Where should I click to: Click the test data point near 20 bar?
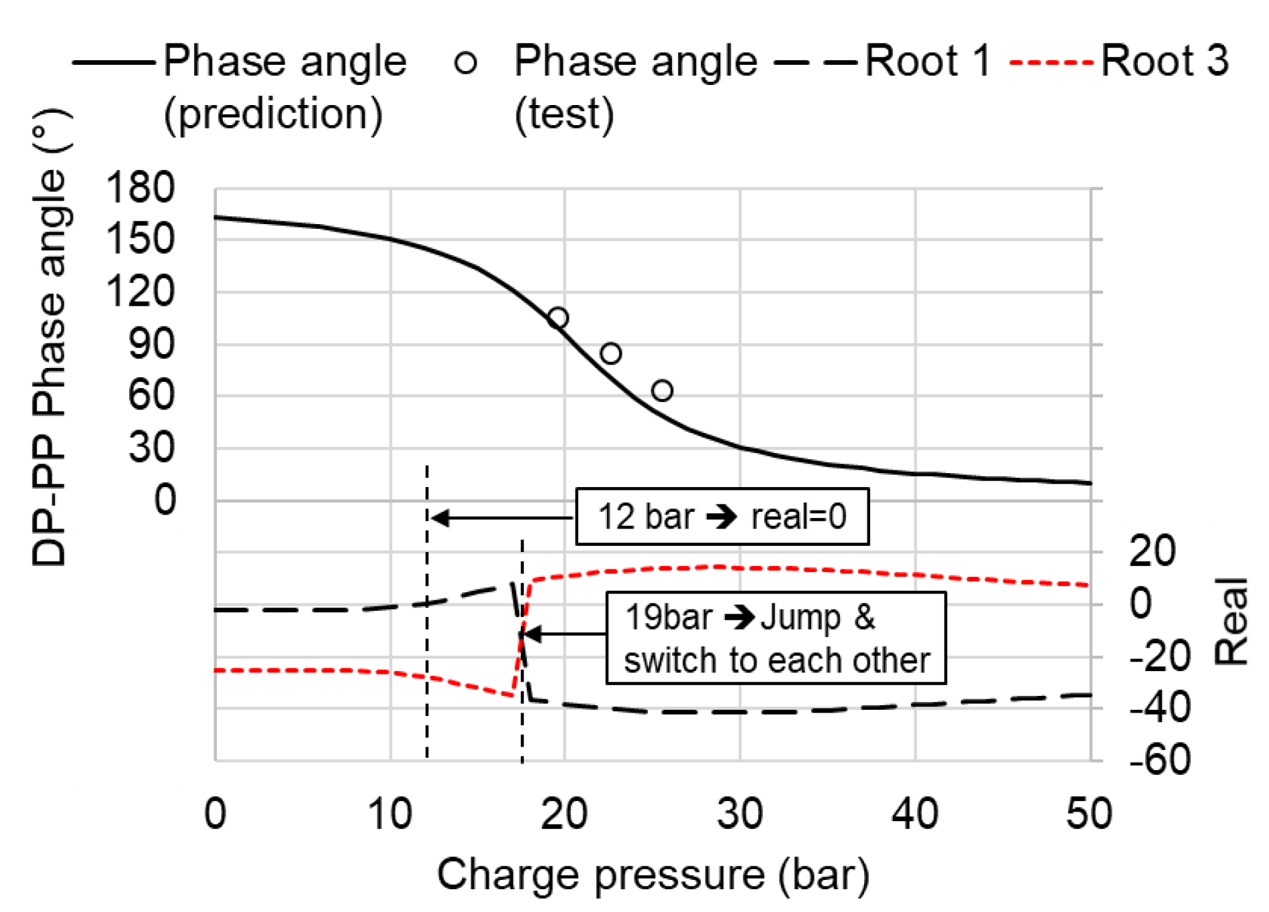click(558, 318)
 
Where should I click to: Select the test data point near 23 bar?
click(610, 353)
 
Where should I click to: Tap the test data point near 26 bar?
click(662, 390)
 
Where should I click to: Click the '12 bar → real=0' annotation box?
click(722, 517)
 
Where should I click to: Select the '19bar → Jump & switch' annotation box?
click(776, 638)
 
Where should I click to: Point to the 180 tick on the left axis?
click(140, 187)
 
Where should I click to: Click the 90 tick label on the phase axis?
click(151, 344)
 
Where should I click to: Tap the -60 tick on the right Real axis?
click(1160, 759)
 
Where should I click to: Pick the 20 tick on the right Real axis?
click(1152, 551)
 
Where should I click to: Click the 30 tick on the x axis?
click(740, 814)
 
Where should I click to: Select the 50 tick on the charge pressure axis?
click(1089, 814)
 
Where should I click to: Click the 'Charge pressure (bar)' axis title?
click(653, 875)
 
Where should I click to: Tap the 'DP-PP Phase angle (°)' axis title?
click(50, 338)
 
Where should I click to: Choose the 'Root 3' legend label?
click(1164, 61)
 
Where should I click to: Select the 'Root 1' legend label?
click(927, 61)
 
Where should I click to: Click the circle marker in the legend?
click(465, 63)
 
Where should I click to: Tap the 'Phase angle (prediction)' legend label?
click(284, 87)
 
